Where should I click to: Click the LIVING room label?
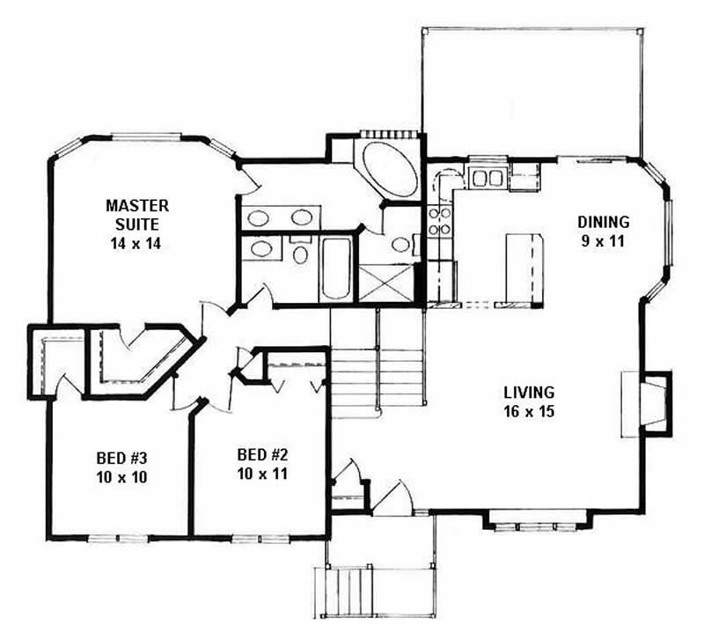click(529, 393)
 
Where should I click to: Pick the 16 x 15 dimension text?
click(529, 411)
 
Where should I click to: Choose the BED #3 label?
click(121, 459)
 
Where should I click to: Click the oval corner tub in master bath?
click(386, 170)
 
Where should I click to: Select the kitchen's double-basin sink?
click(487, 179)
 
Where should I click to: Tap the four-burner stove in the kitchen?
click(438, 221)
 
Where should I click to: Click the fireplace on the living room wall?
click(647, 402)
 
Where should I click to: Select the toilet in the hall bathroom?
click(300, 255)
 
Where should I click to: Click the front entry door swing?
click(393, 497)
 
